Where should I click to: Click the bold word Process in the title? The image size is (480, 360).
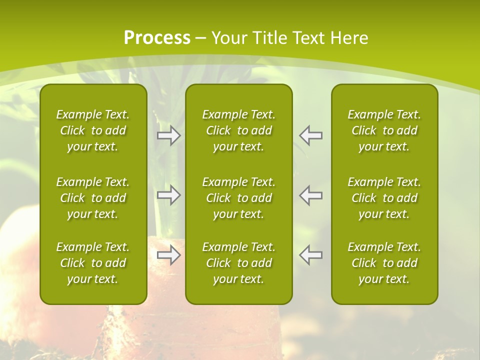click(157, 38)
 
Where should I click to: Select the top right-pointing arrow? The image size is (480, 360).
click(168, 135)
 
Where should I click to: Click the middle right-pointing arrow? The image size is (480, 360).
click(168, 195)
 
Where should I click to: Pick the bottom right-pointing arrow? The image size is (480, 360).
click(168, 255)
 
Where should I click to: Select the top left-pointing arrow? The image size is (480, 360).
click(311, 135)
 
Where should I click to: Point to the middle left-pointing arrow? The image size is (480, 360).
click(311, 195)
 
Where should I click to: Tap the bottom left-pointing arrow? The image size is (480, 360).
click(311, 255)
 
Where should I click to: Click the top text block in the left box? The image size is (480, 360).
click(93, 130)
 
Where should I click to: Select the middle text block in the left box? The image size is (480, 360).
click(93, 198)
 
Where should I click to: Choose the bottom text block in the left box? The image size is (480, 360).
click(93, 263)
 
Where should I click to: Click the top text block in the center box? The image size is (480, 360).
click(239, 130)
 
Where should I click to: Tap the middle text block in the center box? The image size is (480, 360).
click(239, 198)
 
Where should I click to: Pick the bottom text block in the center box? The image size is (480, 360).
click(239, 263)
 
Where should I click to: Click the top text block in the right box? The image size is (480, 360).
click(384, 130)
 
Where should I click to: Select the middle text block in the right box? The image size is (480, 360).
click(384, 198)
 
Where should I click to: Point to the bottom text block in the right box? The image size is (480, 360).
click(384, 263)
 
